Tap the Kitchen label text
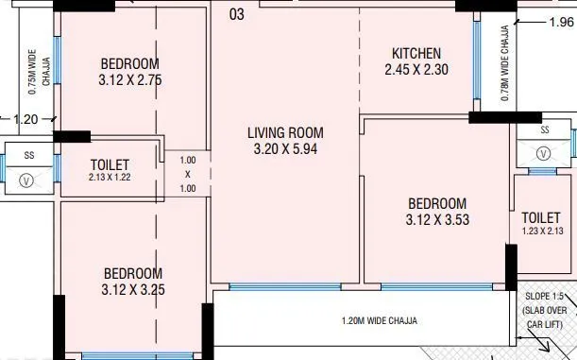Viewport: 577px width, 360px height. click(413, 53)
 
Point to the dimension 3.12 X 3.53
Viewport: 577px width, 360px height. click(437, 221)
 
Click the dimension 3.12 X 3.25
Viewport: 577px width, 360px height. click(133, 290)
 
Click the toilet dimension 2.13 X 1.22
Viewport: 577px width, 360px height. click(110, 178)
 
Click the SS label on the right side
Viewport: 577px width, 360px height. click(544, 129)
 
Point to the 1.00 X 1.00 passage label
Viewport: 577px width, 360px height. click(187, 175)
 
